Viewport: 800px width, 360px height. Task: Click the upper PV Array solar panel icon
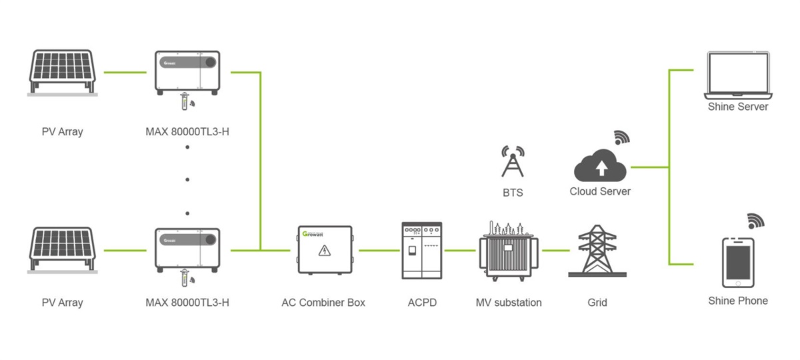click(x=63, y=73)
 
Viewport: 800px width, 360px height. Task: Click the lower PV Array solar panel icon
click(x=63, y=250)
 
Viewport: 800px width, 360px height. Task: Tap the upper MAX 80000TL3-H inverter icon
click(x=187, y=73)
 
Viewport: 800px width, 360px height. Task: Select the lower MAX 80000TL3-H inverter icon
click(x=187, y=251)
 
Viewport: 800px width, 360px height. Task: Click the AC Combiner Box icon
click(x=325, y=250)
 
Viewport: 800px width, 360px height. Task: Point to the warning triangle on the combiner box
click(x=324, y=251)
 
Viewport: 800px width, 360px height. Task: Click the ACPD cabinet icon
click(x=422, y=251)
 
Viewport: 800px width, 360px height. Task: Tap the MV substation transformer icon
click(x=509, y=251)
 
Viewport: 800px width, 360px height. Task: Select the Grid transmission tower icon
click(x=597, y=251)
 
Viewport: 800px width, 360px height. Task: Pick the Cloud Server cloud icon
click(x=600, y=165)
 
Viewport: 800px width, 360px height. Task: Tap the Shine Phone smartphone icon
click(x=738, y=263)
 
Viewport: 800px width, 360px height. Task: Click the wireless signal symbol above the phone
click(x=756, y=221)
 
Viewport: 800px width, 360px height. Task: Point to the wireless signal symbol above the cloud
click(x=622, y=138)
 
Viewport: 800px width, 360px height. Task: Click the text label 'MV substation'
click(x=509, y=303)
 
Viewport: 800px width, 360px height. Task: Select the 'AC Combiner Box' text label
click(x=323, y=303)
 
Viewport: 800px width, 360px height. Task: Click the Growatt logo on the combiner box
click(x=313, y=234)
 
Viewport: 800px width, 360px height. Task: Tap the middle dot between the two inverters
click(x=187, y=179)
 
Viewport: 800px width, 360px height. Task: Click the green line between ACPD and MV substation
click(x=460, y=251)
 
